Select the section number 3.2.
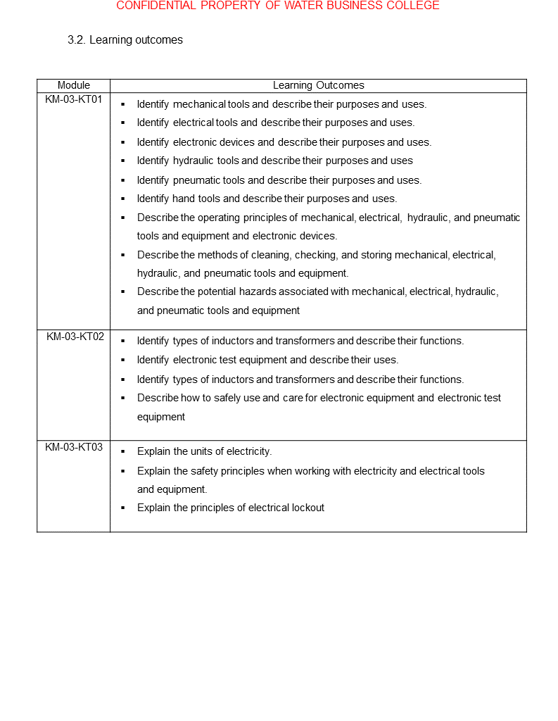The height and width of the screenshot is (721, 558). coord(76,40)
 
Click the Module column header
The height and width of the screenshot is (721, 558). coord(74,85)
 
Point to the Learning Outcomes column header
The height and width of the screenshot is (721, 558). coord(318,85)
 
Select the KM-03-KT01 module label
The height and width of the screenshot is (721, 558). coord(74,99)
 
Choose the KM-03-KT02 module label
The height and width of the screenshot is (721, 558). coord(75,337)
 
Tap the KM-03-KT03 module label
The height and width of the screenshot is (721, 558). coord(74,447)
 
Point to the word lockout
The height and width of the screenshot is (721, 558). coord(307,508)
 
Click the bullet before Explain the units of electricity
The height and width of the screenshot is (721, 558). coord(122,451)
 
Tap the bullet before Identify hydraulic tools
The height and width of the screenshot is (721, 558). coord(122,161)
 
